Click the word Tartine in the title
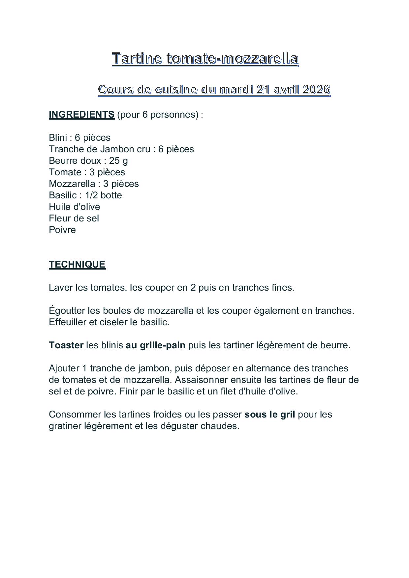point(137,58)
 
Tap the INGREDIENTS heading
point(81,114)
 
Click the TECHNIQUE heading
point(77,264)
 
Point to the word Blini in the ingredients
point(58,137)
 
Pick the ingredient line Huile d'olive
point(75,207)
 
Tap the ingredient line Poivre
point(62,230)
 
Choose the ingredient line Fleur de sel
point(74,218)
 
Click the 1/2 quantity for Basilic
point(91,195)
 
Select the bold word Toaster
point(66,345)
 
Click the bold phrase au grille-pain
point(155,345)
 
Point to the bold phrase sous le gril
point(269,414)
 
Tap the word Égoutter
point(67,310)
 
